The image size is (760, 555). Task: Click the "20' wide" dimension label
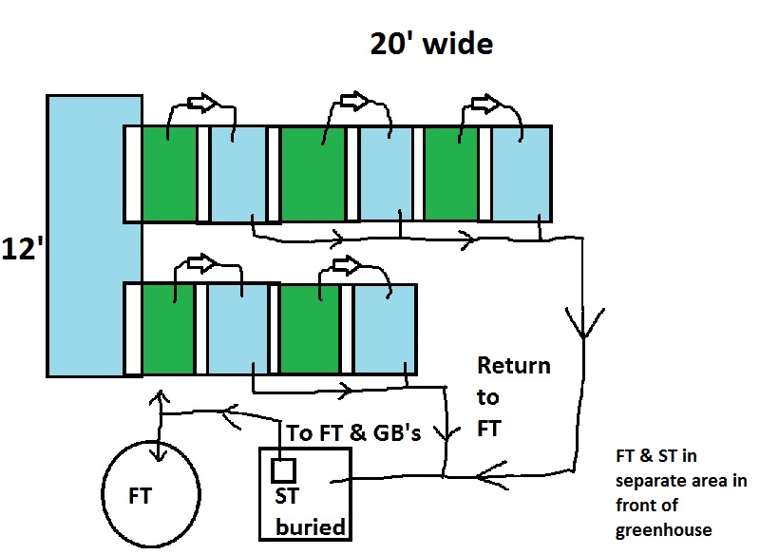pos(431,44)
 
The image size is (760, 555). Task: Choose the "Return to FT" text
pos(513,396)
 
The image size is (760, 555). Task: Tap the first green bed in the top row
pos(169,174)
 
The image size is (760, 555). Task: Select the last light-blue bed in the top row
pos(521,174)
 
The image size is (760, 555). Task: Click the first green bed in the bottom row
pos(168,328)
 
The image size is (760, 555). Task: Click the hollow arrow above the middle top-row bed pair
pos(353,100)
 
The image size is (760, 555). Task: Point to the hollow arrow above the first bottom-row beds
pos(201,260)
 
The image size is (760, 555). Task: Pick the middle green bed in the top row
pos(313,174)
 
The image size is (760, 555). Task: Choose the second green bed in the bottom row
pos(310,328)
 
